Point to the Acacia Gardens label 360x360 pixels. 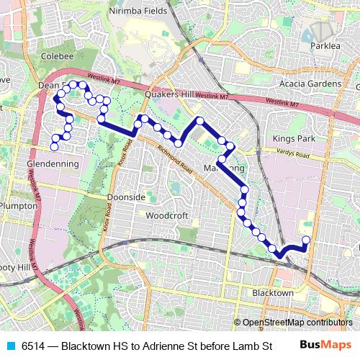pyautogui.click(x=313, y=84)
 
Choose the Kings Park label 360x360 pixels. pyautogui.click(x=291, y=138)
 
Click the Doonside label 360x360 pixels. pyautogui.click(x=126, y=197)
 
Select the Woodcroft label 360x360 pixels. pyautogui.click(x=166, y=215)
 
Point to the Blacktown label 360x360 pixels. pyautogui.click(x=273, y=293)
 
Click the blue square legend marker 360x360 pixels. pyautogui.click(x=10, y=346)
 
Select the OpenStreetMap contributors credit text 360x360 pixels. pyautogui.click(x=297, y=322)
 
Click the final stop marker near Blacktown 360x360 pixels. pyautogui.click(x=306, y=240)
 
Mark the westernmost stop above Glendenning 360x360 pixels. pyautogui.click(x=54, y=147)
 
